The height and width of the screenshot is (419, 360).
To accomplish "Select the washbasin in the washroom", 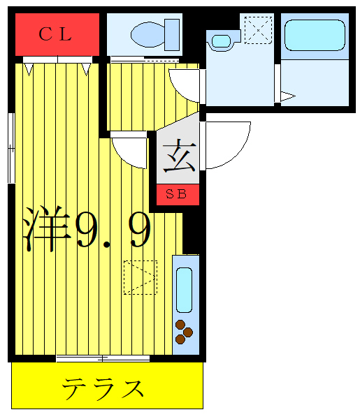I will click(x=221, y=41).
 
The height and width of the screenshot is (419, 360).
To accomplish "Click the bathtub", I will click(x=314, y=38).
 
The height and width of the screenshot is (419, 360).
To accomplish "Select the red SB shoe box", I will click(x=178, y=195).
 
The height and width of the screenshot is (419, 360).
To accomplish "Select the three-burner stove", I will click(x=184, y=331).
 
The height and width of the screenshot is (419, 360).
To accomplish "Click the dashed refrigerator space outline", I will click(x=140, y=277).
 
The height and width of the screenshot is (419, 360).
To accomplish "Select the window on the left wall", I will click(x=10, y=146).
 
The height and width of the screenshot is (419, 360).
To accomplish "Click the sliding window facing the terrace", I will click(x=103, y=358).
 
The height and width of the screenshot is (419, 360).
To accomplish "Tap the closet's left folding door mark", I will click(x=29, y=68).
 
